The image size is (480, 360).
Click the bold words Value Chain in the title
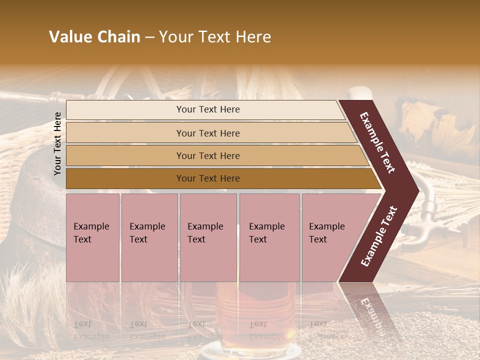pos(94,37)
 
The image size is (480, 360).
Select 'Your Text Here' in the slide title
pos(215,37)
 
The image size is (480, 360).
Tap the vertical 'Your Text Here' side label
pos(58,143)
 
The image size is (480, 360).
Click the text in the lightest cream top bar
pos(208,109)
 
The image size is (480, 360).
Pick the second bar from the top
pos(208,133)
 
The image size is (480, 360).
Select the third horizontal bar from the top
pos(208,156)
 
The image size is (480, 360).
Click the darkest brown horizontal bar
pos(208,178)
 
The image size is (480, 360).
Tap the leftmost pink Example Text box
pos(92,237)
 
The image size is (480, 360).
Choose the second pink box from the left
pos(149,237)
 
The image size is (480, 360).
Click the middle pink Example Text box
pos(208,237)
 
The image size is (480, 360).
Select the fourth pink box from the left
pos(269,237)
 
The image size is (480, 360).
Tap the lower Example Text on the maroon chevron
pos(379,236)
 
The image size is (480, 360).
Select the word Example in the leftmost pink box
pos(91,226)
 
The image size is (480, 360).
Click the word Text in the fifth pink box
pos(318,239)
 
